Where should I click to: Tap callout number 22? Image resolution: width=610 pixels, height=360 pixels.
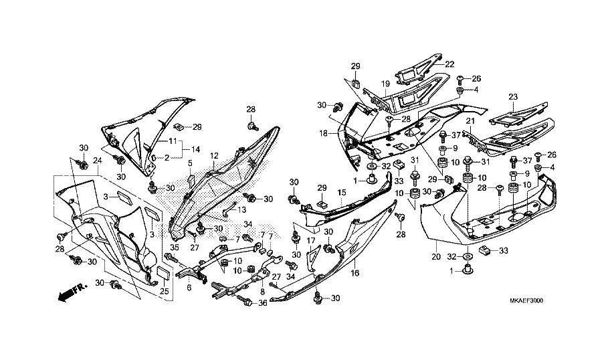(x=449, y=64)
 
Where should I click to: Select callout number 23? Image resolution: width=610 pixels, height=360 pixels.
(x=513, y=97)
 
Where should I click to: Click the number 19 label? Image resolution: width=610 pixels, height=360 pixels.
(x=386, y=84)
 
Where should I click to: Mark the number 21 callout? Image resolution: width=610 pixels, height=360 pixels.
(x=470, y=121)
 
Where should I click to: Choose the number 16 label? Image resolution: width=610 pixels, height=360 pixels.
(x=354, y=273)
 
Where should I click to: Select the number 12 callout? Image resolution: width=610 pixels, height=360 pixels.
(x=215, y=156)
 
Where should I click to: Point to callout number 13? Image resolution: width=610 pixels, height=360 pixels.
(x=234, y=209)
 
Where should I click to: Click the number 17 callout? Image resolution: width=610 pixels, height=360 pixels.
(x=310, y=240)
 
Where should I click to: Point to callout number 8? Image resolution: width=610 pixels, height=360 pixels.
(x=262, y=292)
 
